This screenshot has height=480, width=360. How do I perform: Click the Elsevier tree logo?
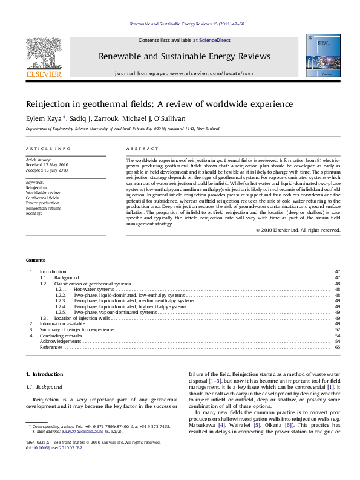43,54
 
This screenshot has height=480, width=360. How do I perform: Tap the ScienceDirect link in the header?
218,40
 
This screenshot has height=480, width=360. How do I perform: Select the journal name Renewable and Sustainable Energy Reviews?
184,56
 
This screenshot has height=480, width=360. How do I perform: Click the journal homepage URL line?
184,73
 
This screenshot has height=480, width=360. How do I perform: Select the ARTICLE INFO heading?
48,149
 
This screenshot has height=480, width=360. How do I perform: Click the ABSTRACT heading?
142,149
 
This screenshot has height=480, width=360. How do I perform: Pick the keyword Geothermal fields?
42,198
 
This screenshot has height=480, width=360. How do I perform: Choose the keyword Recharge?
34,213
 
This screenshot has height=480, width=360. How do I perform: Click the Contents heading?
36,260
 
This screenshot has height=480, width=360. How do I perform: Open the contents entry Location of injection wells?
82,317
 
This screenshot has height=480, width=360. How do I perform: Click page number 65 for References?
337,348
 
